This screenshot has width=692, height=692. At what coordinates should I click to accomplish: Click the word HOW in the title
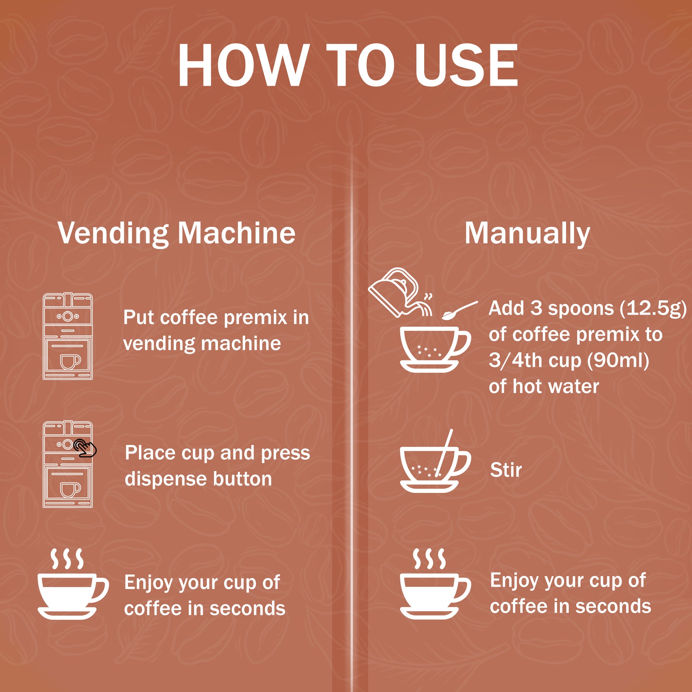coord(244,65)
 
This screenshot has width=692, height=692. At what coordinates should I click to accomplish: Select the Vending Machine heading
coord(177,234)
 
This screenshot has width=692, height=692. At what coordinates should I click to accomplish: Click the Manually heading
coord(527,234)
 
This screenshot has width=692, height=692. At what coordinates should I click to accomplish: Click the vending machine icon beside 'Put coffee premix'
coord(68,336)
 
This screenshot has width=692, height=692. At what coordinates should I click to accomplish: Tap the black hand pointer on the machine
coord(85,448)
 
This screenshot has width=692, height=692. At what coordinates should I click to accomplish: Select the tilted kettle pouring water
coord(400,293)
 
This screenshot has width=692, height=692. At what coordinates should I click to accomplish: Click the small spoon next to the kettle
coord(459,310)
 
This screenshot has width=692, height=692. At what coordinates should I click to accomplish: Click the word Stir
coord(506,470)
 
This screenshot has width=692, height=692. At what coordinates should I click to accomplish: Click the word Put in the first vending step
coord(139,318)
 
